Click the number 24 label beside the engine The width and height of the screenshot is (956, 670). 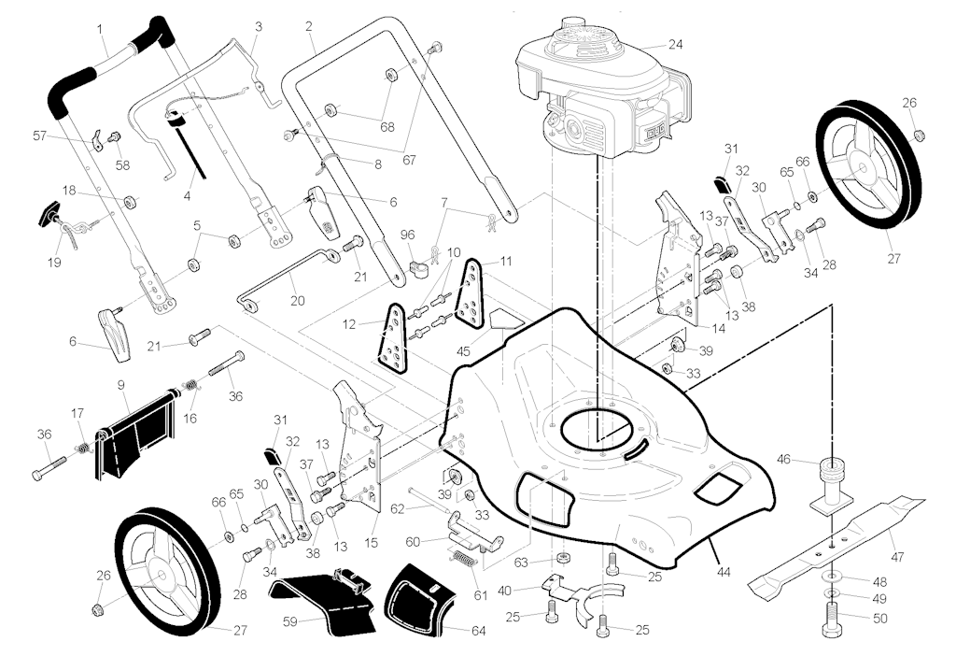[x=675, y=43]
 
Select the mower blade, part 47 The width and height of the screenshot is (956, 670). [x=831, y=546]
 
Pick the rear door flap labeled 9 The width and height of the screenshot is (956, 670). [x=137, y=432]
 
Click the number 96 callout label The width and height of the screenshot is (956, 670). [x=407, y=233]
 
